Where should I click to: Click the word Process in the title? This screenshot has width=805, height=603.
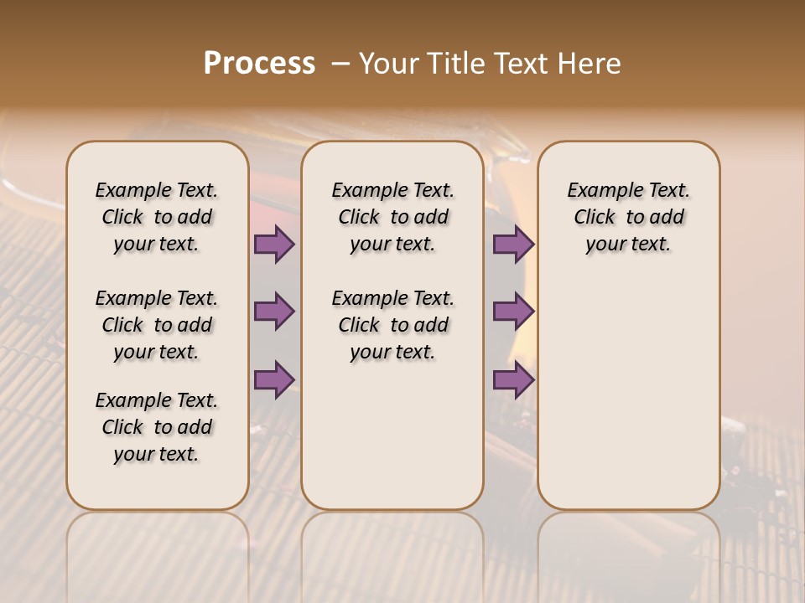pos(259,64)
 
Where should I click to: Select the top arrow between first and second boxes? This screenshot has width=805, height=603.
pos(274,245)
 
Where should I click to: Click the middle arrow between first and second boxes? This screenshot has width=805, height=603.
pos(274,312)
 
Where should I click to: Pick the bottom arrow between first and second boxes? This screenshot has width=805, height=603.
pos(274,379)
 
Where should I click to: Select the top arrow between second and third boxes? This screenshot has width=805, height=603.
pos(513,245)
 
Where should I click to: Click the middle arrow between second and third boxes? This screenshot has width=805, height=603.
pos(513,312)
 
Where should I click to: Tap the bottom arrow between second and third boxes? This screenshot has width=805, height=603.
pos(513,379)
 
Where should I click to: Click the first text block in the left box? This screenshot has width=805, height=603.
pos(157,217)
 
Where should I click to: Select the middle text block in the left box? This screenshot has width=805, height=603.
pos(157,325)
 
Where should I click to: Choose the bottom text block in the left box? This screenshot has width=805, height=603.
pos(157,427)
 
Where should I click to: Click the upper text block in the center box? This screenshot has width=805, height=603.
pos(392,217)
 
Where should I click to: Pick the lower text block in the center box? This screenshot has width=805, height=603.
pos(392,325)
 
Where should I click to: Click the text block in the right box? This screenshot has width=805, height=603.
pos(629,217)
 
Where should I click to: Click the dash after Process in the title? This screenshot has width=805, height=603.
pos(340,64)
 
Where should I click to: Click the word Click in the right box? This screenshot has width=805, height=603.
pos(595,218)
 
